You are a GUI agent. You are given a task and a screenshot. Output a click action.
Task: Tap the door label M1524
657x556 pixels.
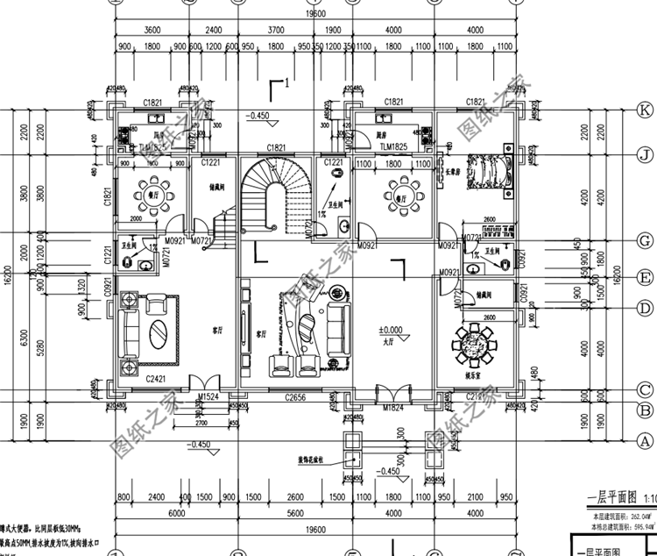pyautogui.click(x=208, y=396)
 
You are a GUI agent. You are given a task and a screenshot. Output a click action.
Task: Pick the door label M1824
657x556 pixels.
pyautogui.click(x=392, y=408)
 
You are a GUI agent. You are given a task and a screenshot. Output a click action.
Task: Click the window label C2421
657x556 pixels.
pyautogui.click(x=156, y=379)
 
